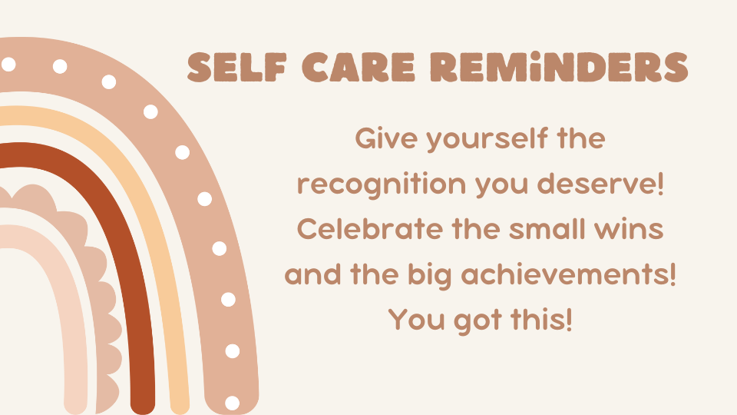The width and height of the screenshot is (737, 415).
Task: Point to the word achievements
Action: click(571, 274)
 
